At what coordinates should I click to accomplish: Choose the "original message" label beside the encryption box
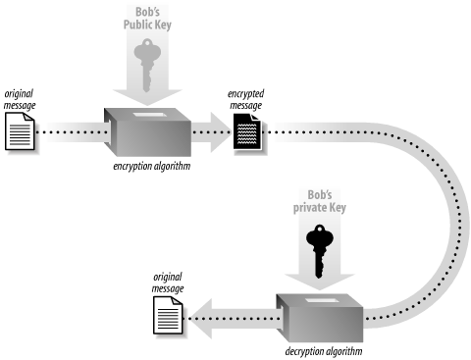(x=22, y=95)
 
